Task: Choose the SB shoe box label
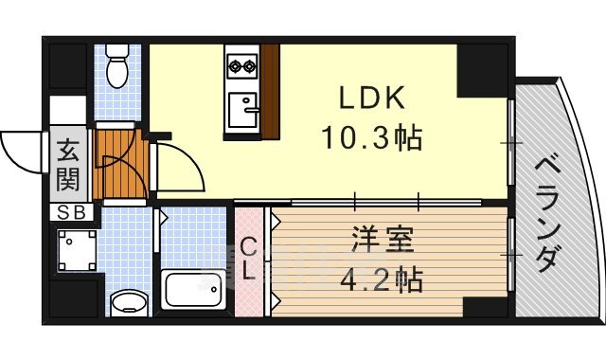[71, 212]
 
